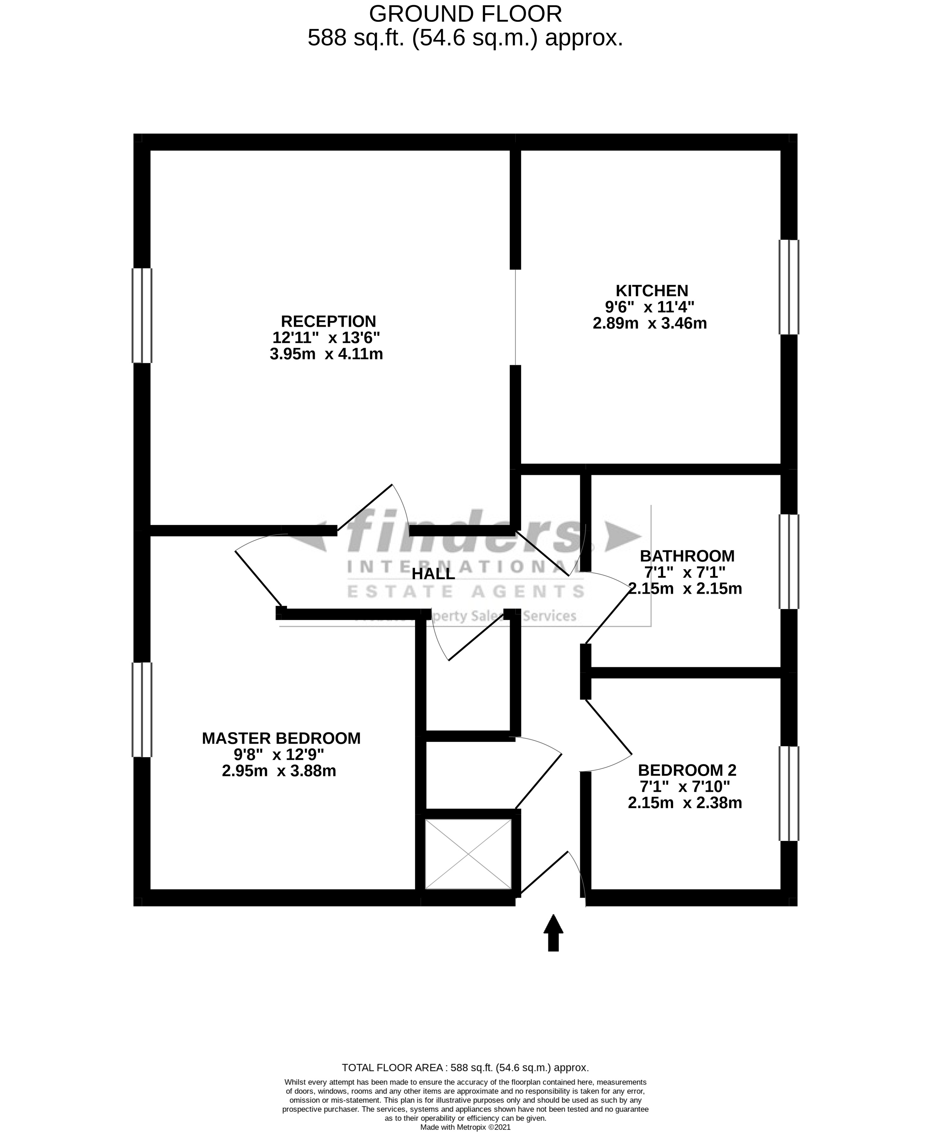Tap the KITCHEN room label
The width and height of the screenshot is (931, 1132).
(652, 291)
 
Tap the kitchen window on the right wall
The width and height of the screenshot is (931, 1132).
(788, 287)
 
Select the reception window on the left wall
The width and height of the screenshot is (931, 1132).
(142, 315)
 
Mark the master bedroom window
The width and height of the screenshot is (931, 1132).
(142, 709)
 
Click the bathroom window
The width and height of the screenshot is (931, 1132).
(788, 562)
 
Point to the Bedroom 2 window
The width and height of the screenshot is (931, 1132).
(788, 793)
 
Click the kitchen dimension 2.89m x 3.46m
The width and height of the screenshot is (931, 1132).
(649, 323)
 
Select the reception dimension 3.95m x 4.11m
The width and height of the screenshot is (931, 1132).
(326, 354)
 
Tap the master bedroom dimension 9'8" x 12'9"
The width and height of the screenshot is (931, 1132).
(279, 755)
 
